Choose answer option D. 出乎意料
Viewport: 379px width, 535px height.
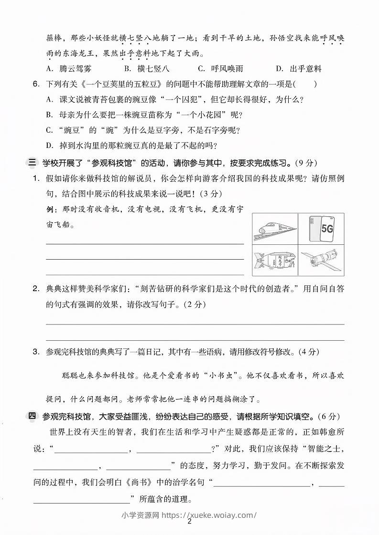point(299,68)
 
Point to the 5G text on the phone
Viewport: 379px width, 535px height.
point(327,228)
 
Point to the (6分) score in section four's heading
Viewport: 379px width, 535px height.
point(329,417)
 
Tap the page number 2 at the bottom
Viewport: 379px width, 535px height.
point(189,522)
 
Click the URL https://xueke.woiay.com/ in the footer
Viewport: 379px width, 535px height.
point(209,514)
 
